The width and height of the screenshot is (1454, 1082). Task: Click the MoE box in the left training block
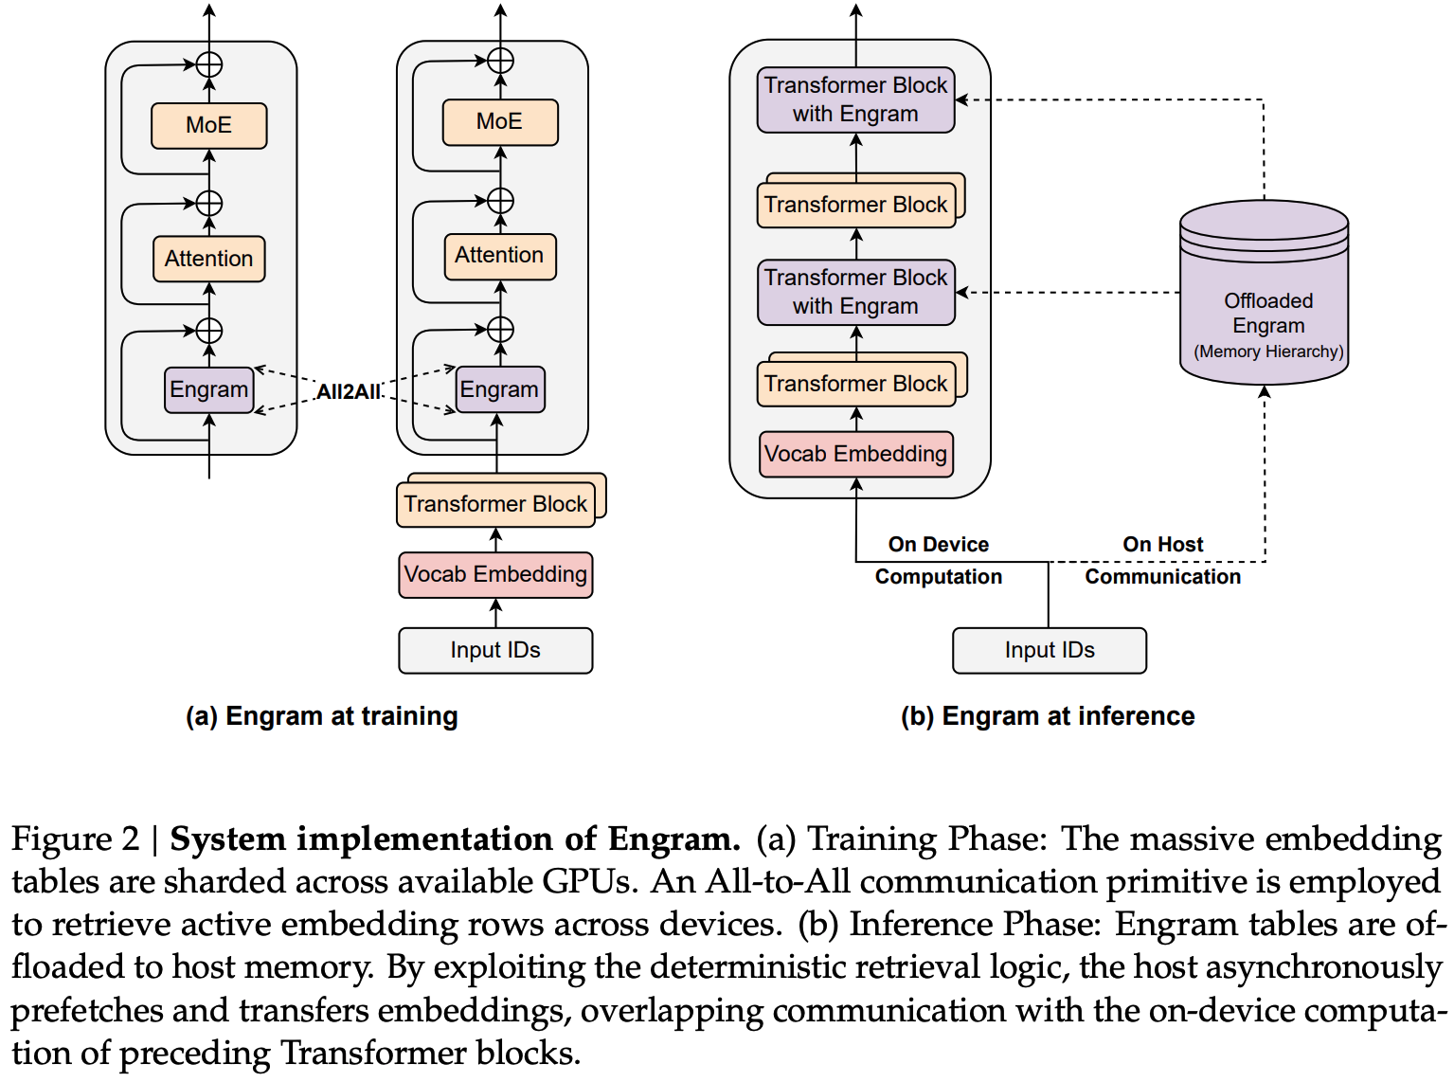208,125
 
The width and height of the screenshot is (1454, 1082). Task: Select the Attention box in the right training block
499,256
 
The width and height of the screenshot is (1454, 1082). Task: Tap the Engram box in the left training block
208,389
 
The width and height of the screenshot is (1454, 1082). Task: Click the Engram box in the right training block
499,389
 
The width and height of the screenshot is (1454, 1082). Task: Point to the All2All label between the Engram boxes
348,391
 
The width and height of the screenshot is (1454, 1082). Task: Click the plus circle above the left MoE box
208,64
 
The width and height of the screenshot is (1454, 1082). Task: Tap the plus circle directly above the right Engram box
500,330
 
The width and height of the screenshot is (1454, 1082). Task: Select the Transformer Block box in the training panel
495,504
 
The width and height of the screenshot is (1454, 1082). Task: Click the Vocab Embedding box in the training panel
495,574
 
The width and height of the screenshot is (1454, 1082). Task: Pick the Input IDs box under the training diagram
495,650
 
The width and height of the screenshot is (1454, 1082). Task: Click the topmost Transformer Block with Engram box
855,99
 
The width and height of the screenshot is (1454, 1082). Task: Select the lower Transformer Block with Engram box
855,292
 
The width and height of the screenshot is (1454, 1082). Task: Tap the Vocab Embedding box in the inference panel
855,454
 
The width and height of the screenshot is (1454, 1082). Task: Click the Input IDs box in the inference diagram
1049,650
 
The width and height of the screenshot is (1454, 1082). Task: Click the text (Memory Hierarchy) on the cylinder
1268,352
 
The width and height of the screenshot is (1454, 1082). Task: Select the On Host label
1162,545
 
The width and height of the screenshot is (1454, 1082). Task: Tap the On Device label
938,545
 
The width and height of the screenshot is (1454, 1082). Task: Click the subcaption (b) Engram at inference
1048,716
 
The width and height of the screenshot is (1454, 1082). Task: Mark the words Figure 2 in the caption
75,839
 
